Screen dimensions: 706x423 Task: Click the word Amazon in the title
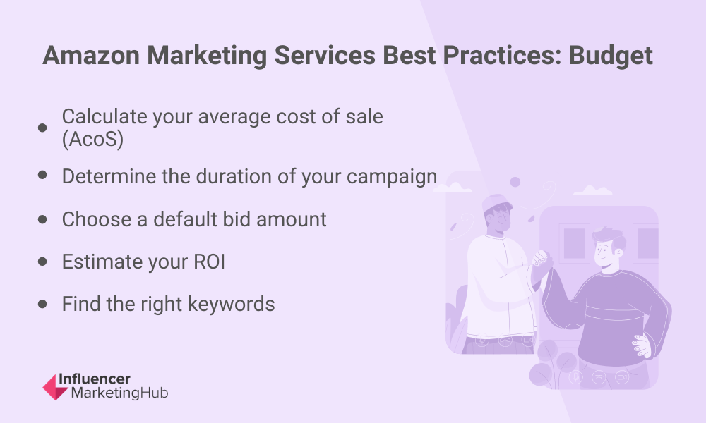[91, 56]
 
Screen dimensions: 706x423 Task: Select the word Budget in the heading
[611, 56]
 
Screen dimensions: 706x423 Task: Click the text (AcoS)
[92, 139]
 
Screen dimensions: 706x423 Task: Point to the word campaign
[392, 177]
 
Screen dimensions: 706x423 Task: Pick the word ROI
[210, 262]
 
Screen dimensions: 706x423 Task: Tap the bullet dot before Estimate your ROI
[42, 262]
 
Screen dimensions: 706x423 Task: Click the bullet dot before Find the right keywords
[42, 305]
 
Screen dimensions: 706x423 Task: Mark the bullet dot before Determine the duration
[42, 175]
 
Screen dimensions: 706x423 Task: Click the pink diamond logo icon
[55, 388]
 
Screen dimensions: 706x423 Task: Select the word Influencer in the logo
[95, 379]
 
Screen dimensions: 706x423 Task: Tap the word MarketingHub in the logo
[120, 393]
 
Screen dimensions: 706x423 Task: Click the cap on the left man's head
[496, 203]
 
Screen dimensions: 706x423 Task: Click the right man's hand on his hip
[642, 345]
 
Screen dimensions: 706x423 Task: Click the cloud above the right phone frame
[592, 191]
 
